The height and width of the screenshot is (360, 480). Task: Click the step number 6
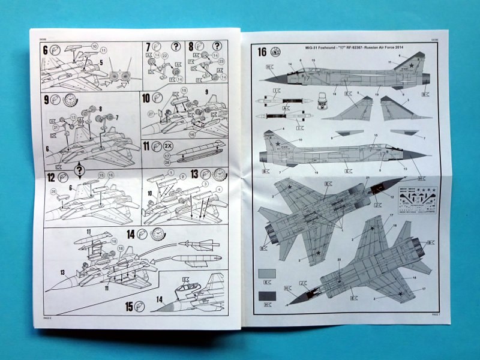tap(46, 50)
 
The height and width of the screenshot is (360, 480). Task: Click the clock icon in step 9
tap(70, 100)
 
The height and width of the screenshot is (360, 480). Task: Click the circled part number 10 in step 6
tap(94, 46)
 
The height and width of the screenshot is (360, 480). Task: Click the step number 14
tap(130, 234)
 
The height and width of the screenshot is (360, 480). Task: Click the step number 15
tap(128, 306)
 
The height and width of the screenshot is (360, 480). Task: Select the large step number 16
tap(262, 52)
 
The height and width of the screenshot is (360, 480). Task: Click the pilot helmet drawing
tap(323, 98)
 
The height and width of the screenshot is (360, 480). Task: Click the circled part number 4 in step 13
tap(220, 190)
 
